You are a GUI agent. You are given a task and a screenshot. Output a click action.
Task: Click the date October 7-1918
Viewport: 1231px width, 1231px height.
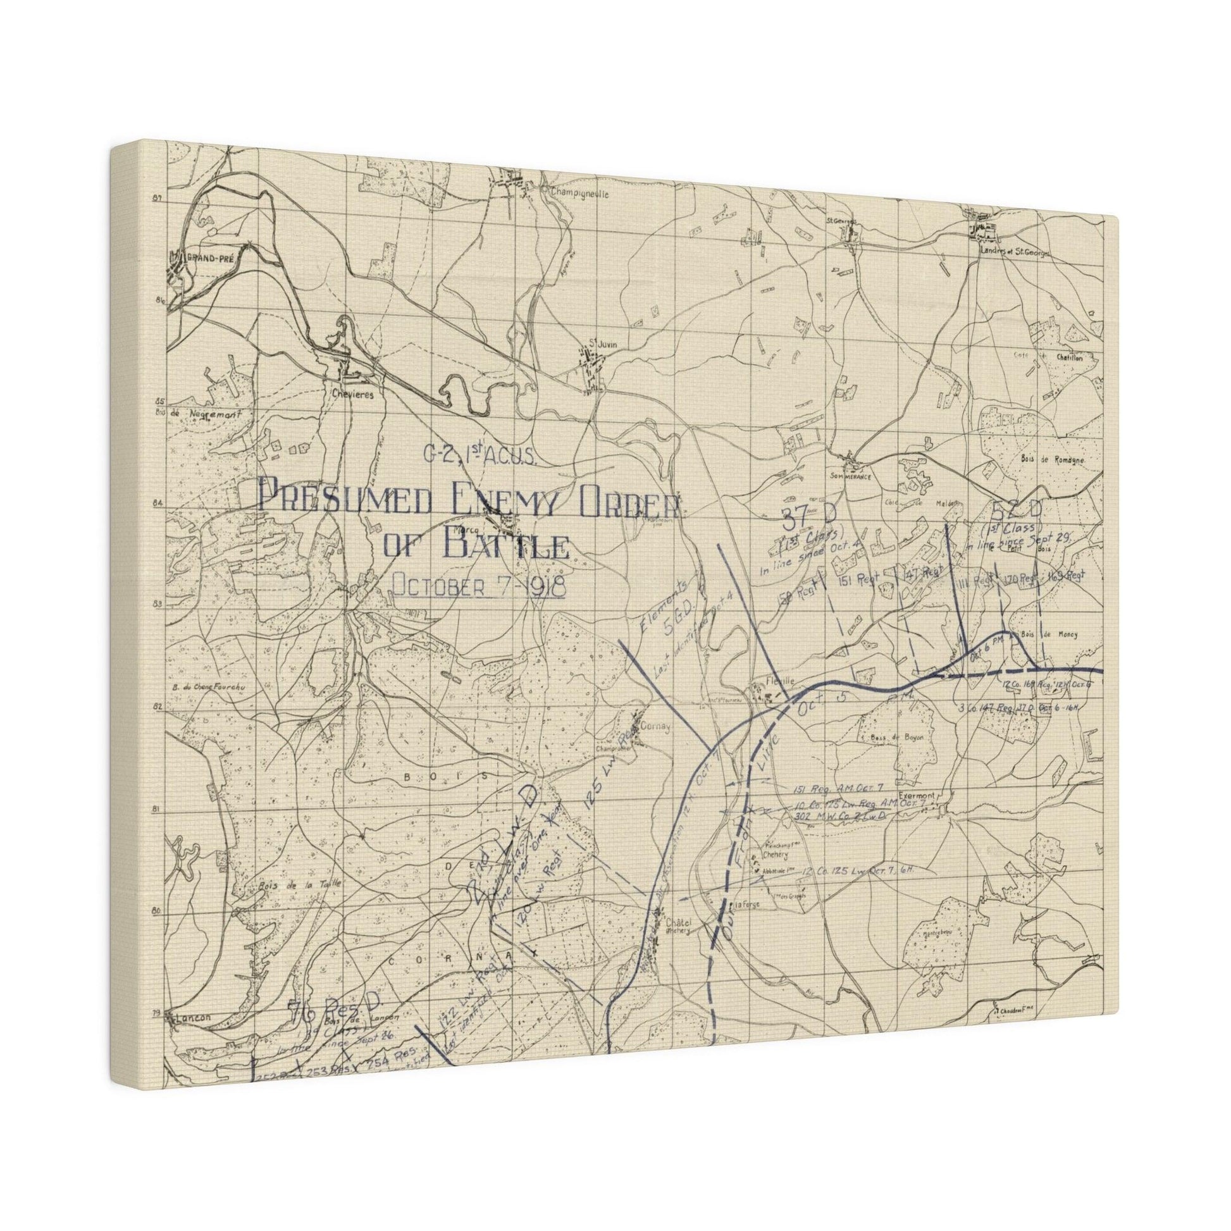click(478, 585)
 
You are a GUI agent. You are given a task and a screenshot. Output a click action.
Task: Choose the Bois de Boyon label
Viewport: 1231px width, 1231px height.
click(892, 737)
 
